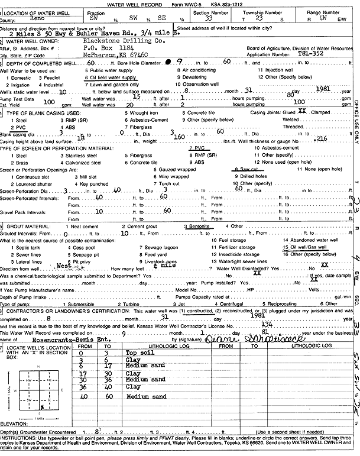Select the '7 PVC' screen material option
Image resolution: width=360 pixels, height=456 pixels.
196,147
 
